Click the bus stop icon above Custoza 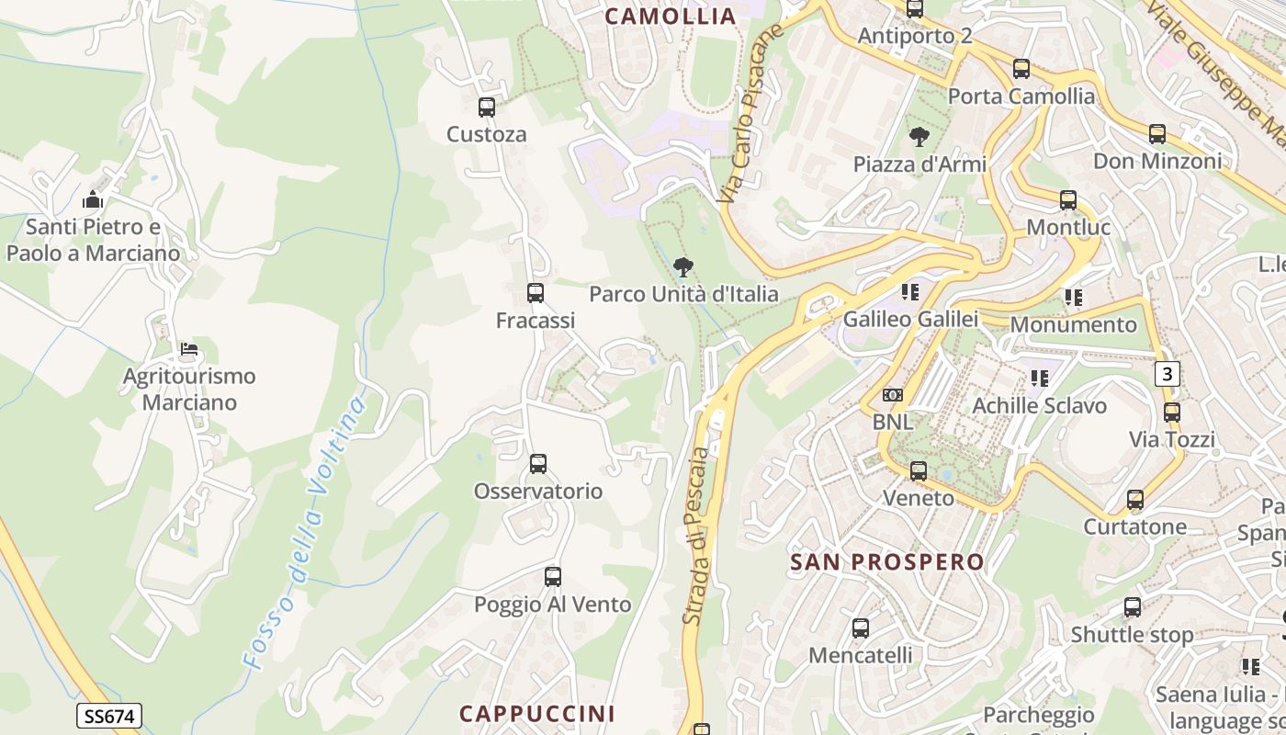[x=487, y=107]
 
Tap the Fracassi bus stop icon [x=536, y=294]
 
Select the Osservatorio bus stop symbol [x=538, y=464]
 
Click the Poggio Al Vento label [x=552, y=605]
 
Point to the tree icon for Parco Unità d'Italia [x=682, y=268]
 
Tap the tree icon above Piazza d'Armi [x=919, y=138]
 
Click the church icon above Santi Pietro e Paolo [x=93, y=200]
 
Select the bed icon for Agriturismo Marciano [x=189, y=349]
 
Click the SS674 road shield [x=108, y=717]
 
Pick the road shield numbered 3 [x=1168, y=374]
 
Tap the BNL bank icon [x=893, y=395]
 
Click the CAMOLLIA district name [x=671, y=16]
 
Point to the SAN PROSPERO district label [x=886, y=562]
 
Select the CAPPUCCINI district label [x=537, y=714]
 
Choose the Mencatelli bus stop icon [x=861, y=628]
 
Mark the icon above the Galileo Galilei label [x=910, y=293]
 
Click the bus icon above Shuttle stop [x=1133, y=607]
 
